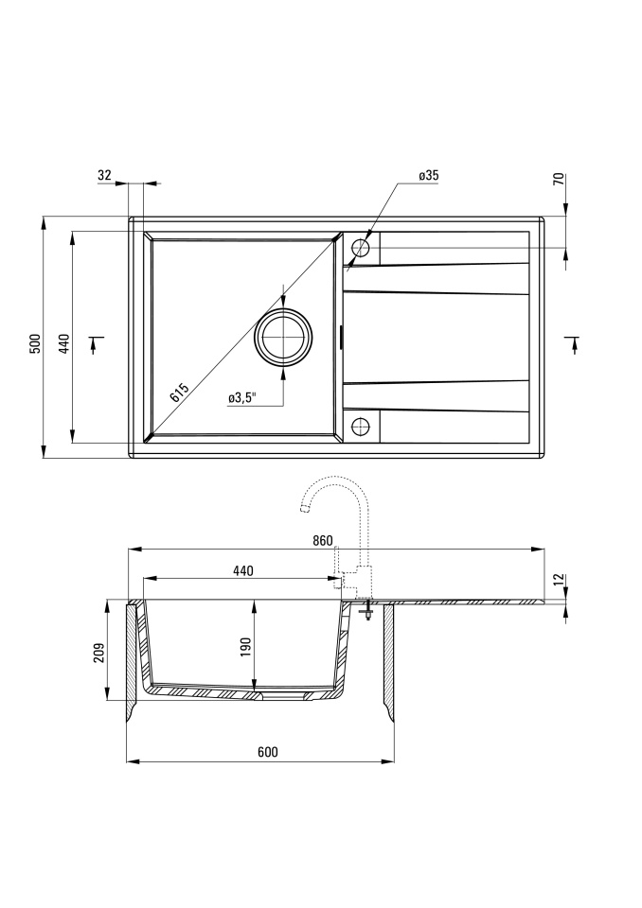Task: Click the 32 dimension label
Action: (104, 176)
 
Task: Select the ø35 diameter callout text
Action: (428, 176)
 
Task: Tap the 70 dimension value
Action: (559, 179)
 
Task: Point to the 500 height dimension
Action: (36, 344)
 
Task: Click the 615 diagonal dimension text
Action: (179, 393)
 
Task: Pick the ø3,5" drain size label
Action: (242, 398)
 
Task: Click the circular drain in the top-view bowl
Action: (283, 338)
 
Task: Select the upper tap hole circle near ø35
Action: (361, 248)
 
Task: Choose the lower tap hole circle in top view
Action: (361, 427)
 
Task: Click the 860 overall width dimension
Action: (323, 541)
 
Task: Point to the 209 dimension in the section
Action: (98, 652)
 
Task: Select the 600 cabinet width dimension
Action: (267, 752)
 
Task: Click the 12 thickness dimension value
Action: (559, 580)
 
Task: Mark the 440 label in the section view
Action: (243, 570)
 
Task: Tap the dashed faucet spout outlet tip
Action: (302, 509)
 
